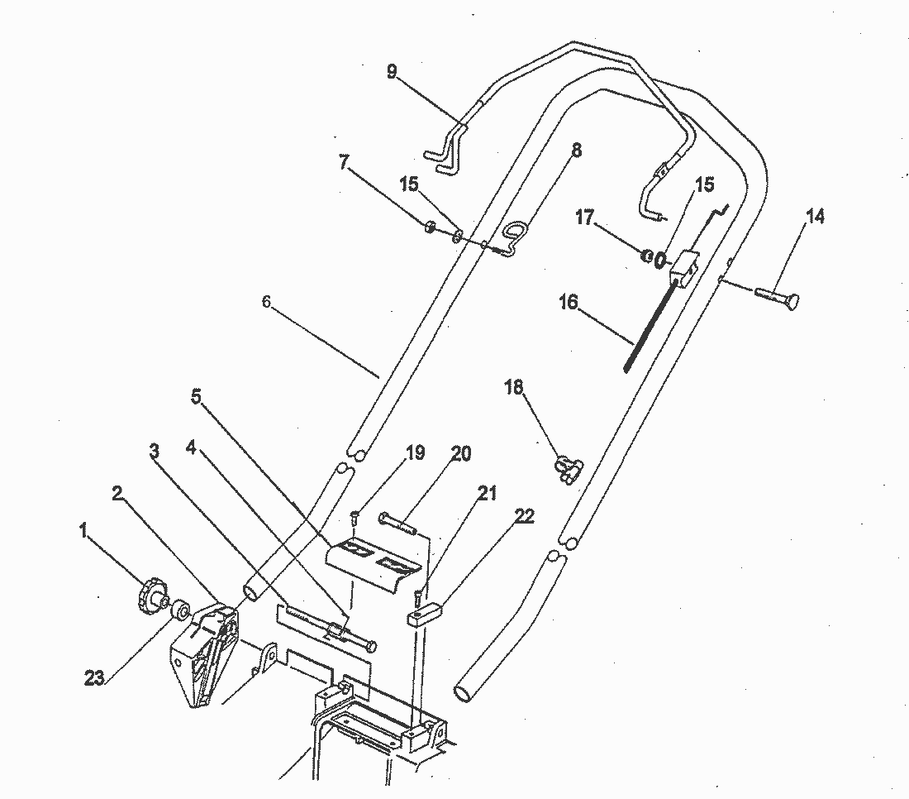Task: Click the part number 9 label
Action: click(392, 71)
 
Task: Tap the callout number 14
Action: click(815, 217)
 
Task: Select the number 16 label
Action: click(568, 302)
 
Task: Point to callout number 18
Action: click(514, 388)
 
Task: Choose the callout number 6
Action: click(266, 302)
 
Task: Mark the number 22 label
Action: click(524, 517)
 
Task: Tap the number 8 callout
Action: click(576, 151)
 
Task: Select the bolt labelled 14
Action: click(777, 297)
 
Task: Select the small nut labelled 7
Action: click(430, 227)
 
